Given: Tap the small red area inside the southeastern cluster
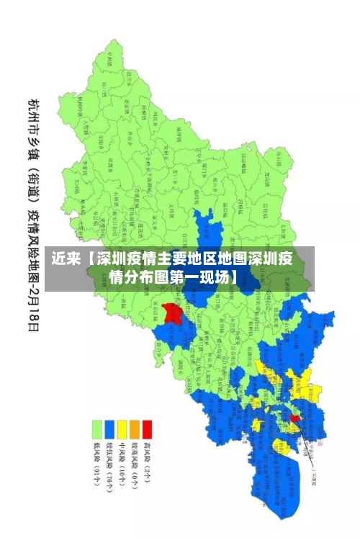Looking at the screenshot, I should pyautogui.click(x=294, y=417).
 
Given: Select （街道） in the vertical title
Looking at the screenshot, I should pyautogui.click(x=34, y=180).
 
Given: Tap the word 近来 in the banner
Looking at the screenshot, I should pyautogui.click(x=66, y=259).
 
